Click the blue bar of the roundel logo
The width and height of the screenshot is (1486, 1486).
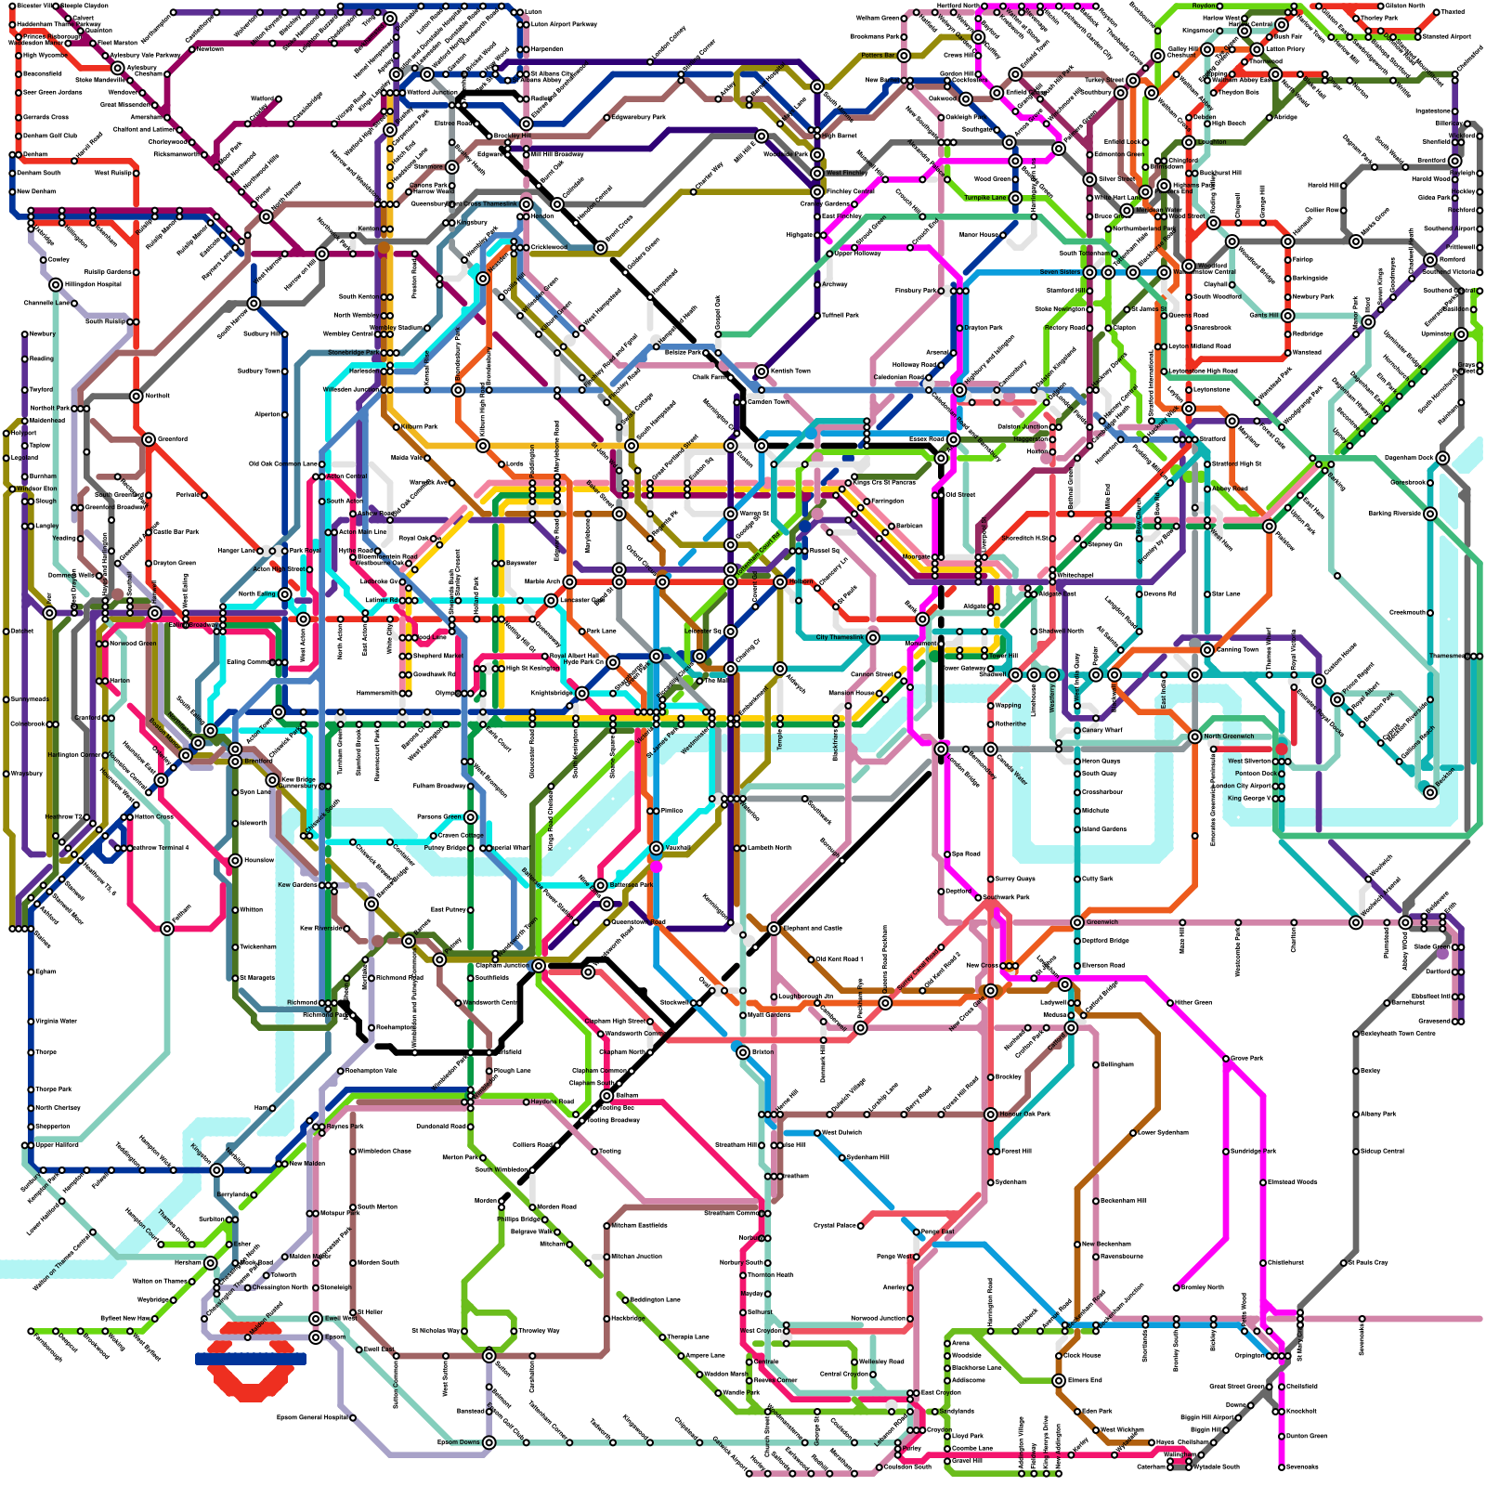click(251, 1358)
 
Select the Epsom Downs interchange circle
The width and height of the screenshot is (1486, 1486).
click(489, 1442)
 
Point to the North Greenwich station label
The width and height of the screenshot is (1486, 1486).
click(1229, 736)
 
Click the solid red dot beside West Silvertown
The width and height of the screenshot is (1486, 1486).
click(1282, 749)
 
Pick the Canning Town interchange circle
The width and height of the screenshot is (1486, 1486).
click(1207, 650)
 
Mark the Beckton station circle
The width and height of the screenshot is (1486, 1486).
click(1430, 791)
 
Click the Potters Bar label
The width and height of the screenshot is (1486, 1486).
click(878, 56)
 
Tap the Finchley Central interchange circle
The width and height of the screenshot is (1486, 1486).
click(817, 191)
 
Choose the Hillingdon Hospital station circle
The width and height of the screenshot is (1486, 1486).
click(56, 284)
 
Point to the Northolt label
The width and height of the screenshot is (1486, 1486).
click(157, 396)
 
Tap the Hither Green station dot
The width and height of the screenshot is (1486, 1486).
click(1170, 1003)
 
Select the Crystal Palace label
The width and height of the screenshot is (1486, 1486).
click(836, 1225)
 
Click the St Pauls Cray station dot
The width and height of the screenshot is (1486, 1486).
click(1344, 1263)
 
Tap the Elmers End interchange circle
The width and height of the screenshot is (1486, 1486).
click(1059, 1381)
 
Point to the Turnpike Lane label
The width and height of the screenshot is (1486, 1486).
click(984, 198)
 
